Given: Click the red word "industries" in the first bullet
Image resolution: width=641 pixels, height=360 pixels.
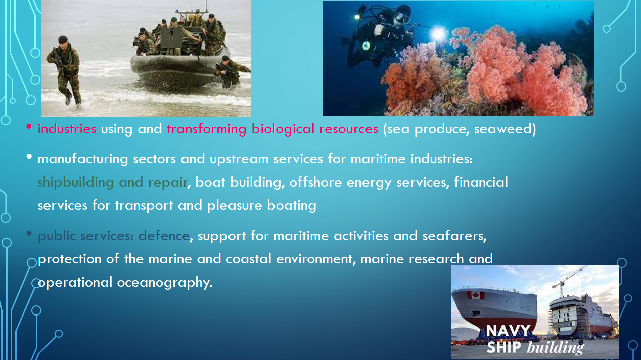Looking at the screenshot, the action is [67, 129].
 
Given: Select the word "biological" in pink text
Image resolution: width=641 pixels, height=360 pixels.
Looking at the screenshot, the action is [283, 129].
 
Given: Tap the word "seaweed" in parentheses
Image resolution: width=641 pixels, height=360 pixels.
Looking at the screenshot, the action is [503, 129].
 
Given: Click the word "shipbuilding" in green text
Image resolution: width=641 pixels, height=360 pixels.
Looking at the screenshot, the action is [76, 183].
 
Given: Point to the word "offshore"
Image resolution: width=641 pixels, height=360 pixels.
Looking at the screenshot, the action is [315, 182].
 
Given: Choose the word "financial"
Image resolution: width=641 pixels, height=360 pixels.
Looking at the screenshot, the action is [481, 182].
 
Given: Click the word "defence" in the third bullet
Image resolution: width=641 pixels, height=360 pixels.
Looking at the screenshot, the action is [164, 236].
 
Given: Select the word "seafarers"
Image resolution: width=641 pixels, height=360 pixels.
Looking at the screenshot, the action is [453, 236].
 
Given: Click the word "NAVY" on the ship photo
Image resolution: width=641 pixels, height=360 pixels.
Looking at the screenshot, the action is [508, 331].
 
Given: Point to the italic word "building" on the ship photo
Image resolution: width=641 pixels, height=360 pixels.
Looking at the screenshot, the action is [555, 348].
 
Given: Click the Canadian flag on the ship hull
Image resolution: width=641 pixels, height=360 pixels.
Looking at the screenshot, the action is [476, 295].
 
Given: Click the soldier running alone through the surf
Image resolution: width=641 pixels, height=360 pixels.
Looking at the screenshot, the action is [65, 71].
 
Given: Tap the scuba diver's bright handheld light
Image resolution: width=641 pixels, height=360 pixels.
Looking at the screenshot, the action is [437, 34].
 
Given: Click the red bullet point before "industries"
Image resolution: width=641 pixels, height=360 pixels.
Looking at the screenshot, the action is [29, 126].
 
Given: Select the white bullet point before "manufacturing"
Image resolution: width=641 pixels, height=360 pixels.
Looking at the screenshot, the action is [29, 157].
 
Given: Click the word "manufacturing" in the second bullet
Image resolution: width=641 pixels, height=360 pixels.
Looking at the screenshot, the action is [83, 159].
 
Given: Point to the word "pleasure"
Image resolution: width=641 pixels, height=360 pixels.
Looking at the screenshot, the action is [235, 206].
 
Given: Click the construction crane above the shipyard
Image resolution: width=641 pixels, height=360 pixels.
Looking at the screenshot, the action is [568, 280].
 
